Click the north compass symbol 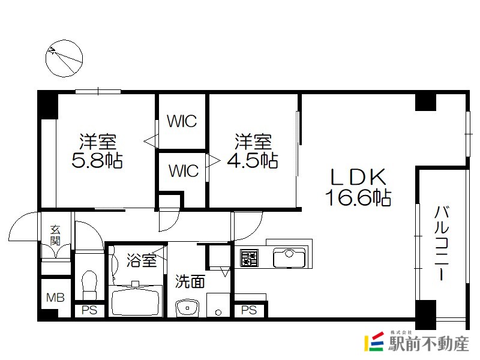tap(64, 58)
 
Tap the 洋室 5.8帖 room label tap(97, 151)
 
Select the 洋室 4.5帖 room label tap(253, 151)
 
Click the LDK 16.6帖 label tap(358, 187)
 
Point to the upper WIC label tap(182, 121)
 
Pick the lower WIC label tap(184, 170)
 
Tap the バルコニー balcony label tap(442, 243)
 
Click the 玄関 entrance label tap(55, 235)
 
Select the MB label tap(55, 297)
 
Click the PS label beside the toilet tap(89, 310)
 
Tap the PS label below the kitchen tap(249, 310)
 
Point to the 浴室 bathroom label tap(142, 260)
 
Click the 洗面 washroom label tap(190, 281)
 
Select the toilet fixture tap(89, 284)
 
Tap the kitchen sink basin tap(289, 258)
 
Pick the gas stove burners tap(249, 258)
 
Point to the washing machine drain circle tap(218, 313)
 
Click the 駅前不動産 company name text tap(428, 343)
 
